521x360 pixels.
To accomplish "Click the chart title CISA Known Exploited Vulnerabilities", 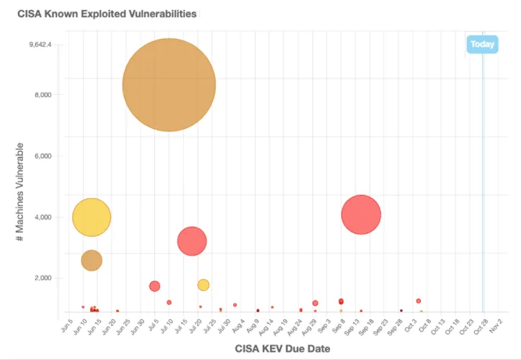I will point(107,14).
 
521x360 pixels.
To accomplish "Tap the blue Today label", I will point(482,45).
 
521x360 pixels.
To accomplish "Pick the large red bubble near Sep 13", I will point(361,215).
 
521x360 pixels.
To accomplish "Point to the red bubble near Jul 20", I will point(192,241).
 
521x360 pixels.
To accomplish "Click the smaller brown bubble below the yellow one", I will point(92,261).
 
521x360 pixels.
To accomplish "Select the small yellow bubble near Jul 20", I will point(203,284).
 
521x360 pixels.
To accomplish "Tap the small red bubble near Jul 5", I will point(154,286).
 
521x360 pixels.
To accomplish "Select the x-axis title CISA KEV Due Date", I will point(282,349).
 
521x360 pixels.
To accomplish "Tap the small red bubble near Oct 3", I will point(418,301).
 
